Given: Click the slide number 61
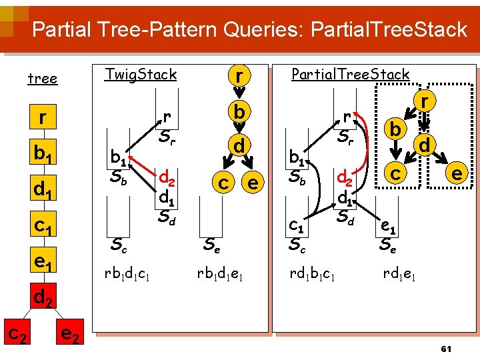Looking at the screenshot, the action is click(446, 349).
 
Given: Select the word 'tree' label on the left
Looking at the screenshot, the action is click(42, 79).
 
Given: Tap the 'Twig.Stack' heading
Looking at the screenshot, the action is click(141, 74).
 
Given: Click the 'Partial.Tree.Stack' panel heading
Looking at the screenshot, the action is click(350, 74).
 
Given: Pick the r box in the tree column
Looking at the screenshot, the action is click(42, 118).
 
